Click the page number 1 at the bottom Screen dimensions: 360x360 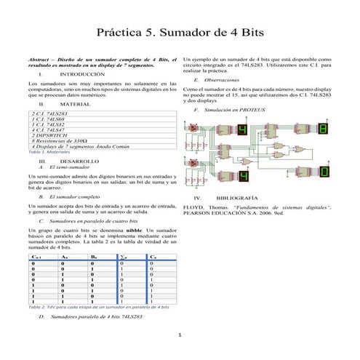180,335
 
